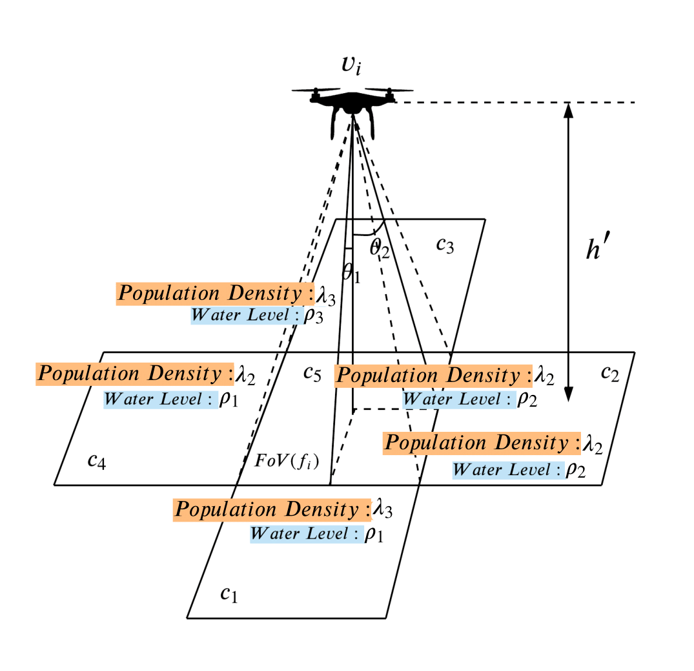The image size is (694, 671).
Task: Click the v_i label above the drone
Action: coord(351,66)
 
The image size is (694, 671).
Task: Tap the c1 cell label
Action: coord(229,594)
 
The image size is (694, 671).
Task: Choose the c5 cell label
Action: coord(312,374)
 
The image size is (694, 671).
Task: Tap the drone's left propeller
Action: coord(316,91)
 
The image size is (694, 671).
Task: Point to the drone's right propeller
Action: coord(389,91)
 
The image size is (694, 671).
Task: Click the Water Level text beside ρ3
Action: coord(243,315)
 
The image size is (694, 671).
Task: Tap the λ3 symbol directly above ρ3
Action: coord(325,295)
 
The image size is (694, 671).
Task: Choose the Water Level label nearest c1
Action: coord(307,534)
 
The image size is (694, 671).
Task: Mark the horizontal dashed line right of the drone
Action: coord(516,102)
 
